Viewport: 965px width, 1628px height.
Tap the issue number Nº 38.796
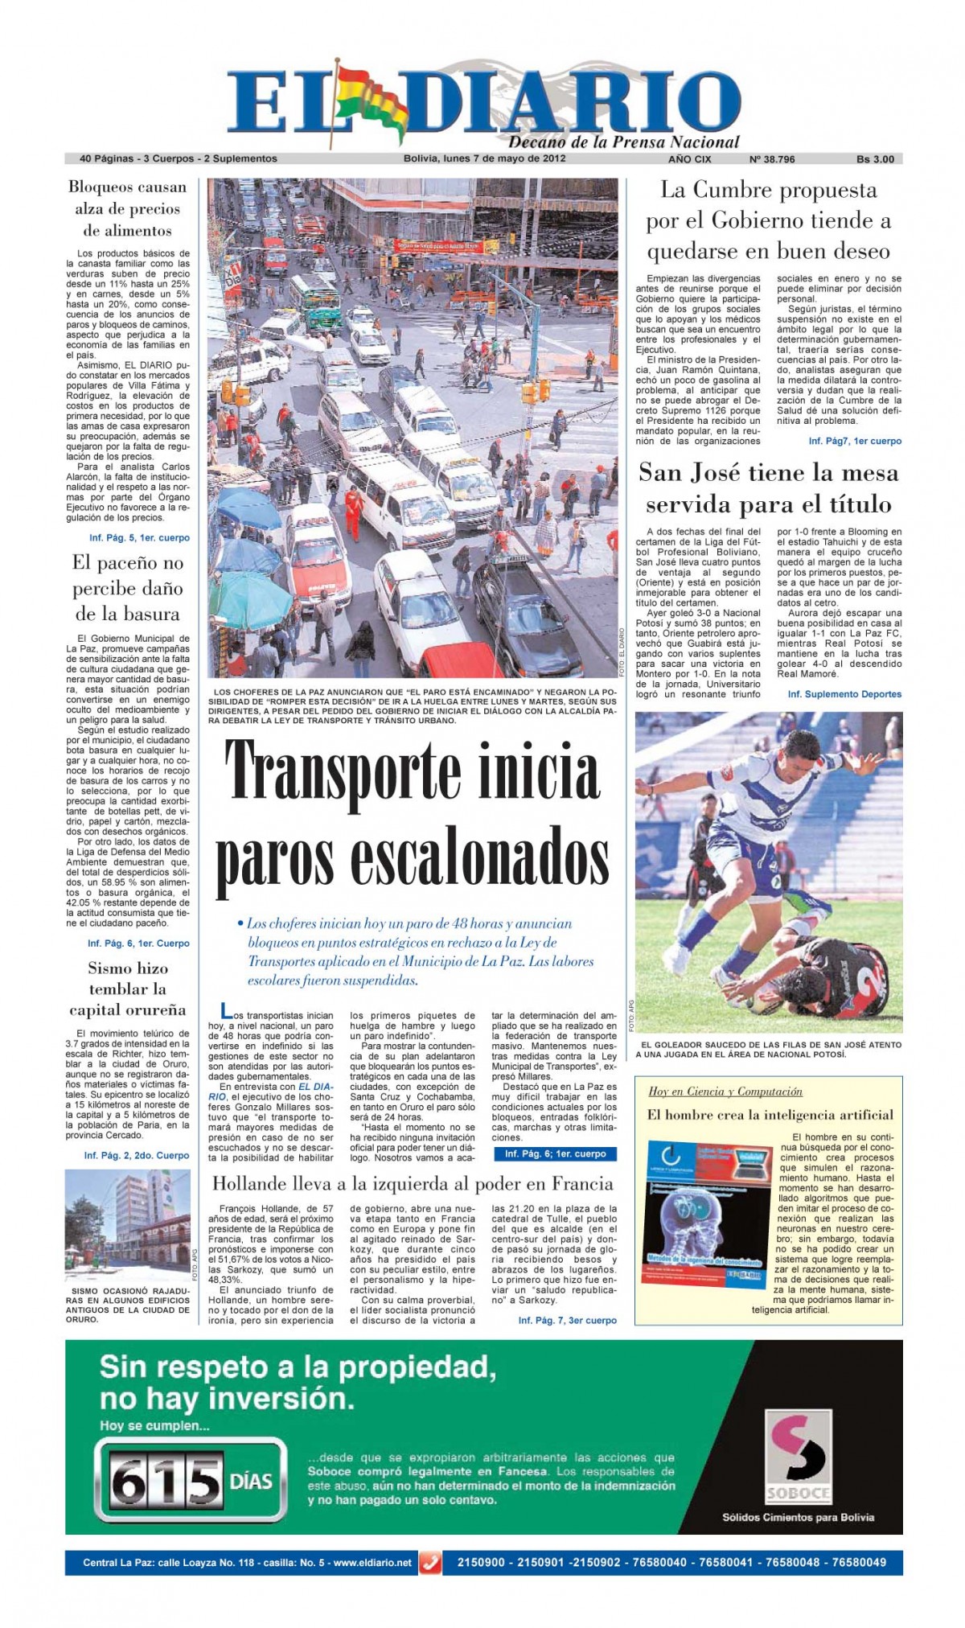click(771, 159)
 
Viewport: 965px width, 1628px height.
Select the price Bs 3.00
click(875, 159)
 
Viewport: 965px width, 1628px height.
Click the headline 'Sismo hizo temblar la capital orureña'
click(127, 989)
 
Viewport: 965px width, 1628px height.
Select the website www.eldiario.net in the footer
click(372, 1562)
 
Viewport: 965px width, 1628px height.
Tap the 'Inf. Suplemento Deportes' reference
click(844, 694)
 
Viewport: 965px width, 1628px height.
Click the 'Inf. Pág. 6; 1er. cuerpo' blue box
click(555, 1153)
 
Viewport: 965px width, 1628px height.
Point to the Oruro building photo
click(127, 1225)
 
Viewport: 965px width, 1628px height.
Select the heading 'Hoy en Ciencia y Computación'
click(725, 1091)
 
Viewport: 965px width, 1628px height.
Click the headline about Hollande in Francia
click(413, 1183)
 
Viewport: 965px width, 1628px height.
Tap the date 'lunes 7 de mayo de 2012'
click(504, 158)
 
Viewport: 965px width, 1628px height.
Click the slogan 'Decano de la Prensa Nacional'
click(623, 142)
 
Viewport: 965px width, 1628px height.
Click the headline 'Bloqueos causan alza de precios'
click(127, 208)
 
